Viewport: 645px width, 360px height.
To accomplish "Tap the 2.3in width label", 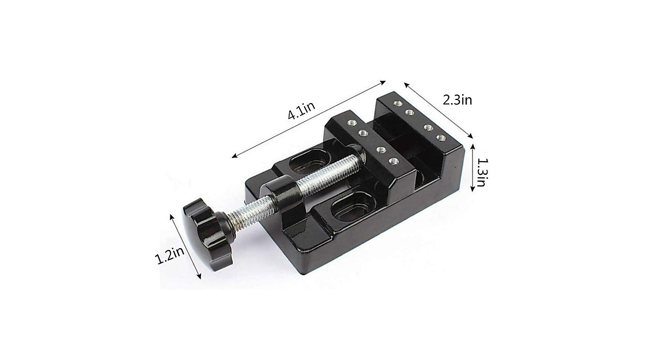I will (x=457, y=100).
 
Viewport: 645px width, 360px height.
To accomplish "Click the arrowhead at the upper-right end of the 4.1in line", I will (x=383, y=82).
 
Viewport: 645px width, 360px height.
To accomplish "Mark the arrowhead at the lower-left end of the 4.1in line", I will (x=235, y=156).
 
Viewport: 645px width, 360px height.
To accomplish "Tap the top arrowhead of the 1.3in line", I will (x=472, y=145).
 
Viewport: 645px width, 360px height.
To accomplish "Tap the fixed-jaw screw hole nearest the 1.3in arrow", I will (x=442, y=139).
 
